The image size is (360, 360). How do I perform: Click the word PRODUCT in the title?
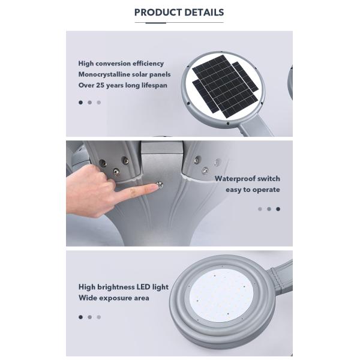158,13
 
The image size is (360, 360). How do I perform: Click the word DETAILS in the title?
204,13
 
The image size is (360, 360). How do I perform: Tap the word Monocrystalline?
103,74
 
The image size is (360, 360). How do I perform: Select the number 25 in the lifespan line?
100,85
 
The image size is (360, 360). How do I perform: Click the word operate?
266,190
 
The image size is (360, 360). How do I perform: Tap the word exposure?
115,298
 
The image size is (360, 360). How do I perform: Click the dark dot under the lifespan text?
80,103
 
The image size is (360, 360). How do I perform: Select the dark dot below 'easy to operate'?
278,209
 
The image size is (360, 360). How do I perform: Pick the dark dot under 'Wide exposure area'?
80,317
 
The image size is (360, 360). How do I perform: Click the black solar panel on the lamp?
225,86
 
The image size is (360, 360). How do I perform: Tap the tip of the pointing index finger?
157,187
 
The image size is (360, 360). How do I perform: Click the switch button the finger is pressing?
160,185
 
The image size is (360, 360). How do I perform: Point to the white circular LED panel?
221,295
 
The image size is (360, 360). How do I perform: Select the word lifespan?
154,85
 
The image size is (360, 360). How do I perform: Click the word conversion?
113,64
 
